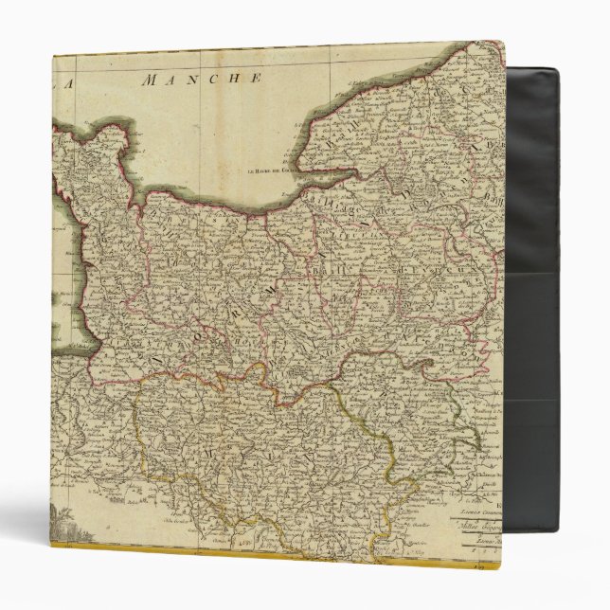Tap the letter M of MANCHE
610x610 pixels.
point(148,81)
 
